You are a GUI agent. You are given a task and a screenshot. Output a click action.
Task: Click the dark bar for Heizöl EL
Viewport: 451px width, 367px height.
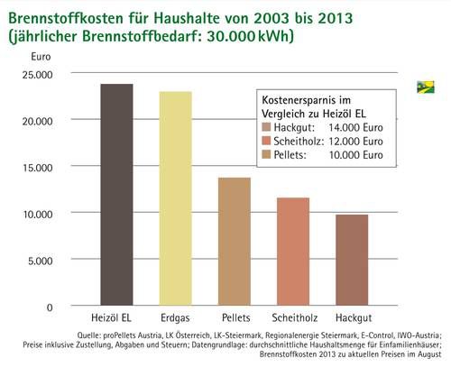[116, 195]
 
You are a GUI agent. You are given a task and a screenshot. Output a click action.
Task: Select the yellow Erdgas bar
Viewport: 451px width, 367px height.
[176, 198]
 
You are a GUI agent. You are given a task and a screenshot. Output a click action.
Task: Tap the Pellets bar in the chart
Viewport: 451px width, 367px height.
[235, 242]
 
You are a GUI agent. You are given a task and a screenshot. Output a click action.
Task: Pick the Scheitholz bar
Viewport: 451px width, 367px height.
[293, 252]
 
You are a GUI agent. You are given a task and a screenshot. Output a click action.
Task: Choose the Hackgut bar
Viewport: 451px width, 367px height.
[352, 260]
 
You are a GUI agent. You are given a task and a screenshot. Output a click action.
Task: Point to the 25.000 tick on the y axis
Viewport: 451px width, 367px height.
[37, 75]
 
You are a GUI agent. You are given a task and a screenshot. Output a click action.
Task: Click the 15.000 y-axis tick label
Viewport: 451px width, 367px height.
[38, 168]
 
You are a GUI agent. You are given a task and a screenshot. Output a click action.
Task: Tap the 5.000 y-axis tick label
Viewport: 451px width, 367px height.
[41, 261]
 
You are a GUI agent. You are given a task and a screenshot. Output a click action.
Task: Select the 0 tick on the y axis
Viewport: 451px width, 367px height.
[50, 307]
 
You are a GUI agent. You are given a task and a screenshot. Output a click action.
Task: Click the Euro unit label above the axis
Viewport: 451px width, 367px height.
[41, 57]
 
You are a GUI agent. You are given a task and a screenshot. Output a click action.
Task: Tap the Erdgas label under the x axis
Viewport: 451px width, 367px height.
[175, 317]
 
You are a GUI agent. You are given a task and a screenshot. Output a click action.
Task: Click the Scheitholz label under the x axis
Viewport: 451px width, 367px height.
[295, 317]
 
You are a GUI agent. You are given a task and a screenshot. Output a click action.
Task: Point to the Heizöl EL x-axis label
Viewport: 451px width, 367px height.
[111, 317]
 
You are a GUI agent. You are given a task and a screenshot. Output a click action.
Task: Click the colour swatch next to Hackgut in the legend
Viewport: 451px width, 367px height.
[266, 127]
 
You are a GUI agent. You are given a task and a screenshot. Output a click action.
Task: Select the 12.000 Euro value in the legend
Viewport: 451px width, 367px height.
[355, 141]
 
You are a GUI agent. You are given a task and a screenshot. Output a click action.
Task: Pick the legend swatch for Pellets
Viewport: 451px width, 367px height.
[266, 154]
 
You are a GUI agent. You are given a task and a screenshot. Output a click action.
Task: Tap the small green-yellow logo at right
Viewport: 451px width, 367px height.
[426, 87]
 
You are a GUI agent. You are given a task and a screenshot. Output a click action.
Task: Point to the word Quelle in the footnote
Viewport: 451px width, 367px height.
[88, 335]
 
